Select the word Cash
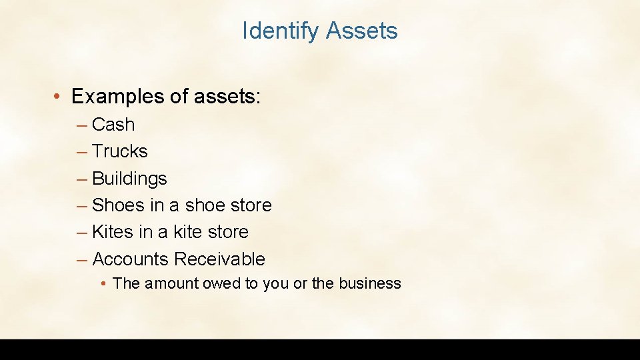click(x=113, y=125)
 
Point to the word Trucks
click(x=120, y=151)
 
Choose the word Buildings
click(x=129, y=179)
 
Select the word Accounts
click(x=130, y=259)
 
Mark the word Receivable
click(x=219, y=259)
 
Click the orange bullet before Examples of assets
click(x=59, y=97)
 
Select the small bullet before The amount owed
click(x=104, y=284)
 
